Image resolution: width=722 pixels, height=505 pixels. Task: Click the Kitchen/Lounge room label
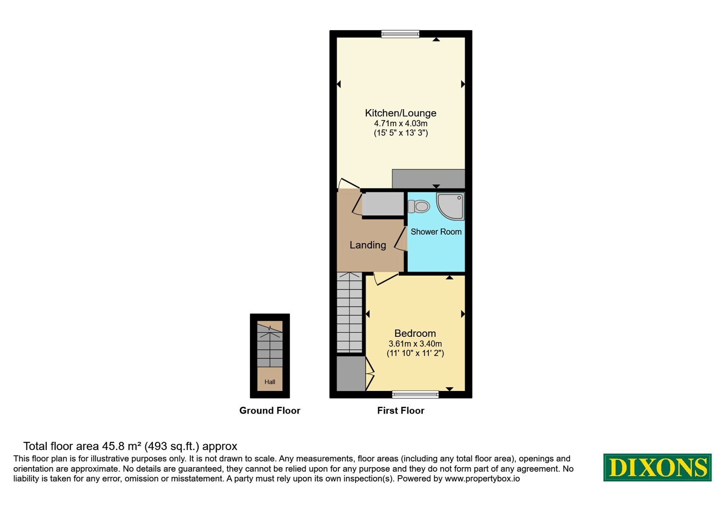tap(400, 113)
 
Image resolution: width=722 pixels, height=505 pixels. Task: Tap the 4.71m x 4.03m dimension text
tap(400, 124)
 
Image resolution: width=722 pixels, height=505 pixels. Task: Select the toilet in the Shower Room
tap(419, 206)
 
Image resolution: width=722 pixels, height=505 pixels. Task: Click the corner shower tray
tap(450, 206)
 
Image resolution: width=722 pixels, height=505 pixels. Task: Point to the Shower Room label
tap(436, 232)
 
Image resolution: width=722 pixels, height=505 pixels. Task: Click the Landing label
tap(368, 245)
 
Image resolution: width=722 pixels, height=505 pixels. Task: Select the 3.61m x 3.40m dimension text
tap(415, 344)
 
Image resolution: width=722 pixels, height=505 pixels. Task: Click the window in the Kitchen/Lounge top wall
tap(400, 34)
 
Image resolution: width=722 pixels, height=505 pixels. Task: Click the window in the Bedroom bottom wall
tap(415, 394)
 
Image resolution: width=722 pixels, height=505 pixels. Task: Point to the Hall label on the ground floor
tap(270, 382)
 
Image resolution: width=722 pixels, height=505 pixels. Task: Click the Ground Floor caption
tap(270, 410)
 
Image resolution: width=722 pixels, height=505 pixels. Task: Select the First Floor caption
tap(401, 410)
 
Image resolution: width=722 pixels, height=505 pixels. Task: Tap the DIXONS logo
tap(657, 467)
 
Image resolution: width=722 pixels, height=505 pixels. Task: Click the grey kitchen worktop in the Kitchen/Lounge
tap(428, 179)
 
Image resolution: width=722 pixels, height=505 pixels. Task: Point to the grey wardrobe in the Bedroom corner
tap(351, 373)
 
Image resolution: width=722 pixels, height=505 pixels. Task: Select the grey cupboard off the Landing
tap(383, 204)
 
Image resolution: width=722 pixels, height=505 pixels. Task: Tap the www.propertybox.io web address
tap(482, 478)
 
